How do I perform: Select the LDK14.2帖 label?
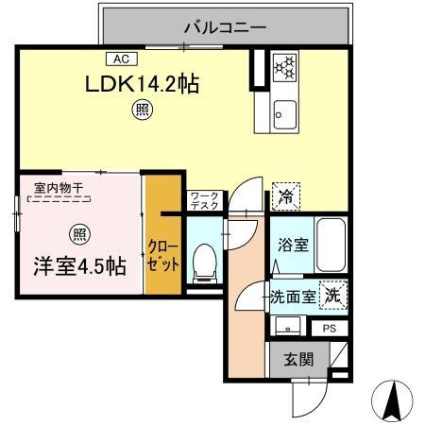tap(143, 84)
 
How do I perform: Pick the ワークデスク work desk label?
tap(204, 200)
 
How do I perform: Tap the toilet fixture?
tap(203, 262)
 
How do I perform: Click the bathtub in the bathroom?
tap(331, 245)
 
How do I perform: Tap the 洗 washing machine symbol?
tap(332, 295)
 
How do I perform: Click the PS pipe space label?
tap(329, 328)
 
